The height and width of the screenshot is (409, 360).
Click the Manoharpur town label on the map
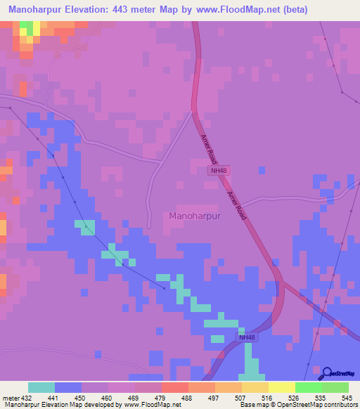click(195, 216)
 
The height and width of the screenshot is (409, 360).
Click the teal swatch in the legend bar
click(41, 387)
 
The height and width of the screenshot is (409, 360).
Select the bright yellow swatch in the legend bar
click(281, 387)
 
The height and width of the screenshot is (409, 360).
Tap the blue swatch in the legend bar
click(68, 387)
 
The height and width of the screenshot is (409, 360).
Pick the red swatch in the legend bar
click(174, 387)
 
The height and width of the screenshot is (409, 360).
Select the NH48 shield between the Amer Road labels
click(219, 171)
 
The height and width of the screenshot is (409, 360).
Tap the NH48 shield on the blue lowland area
click(245, 337)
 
